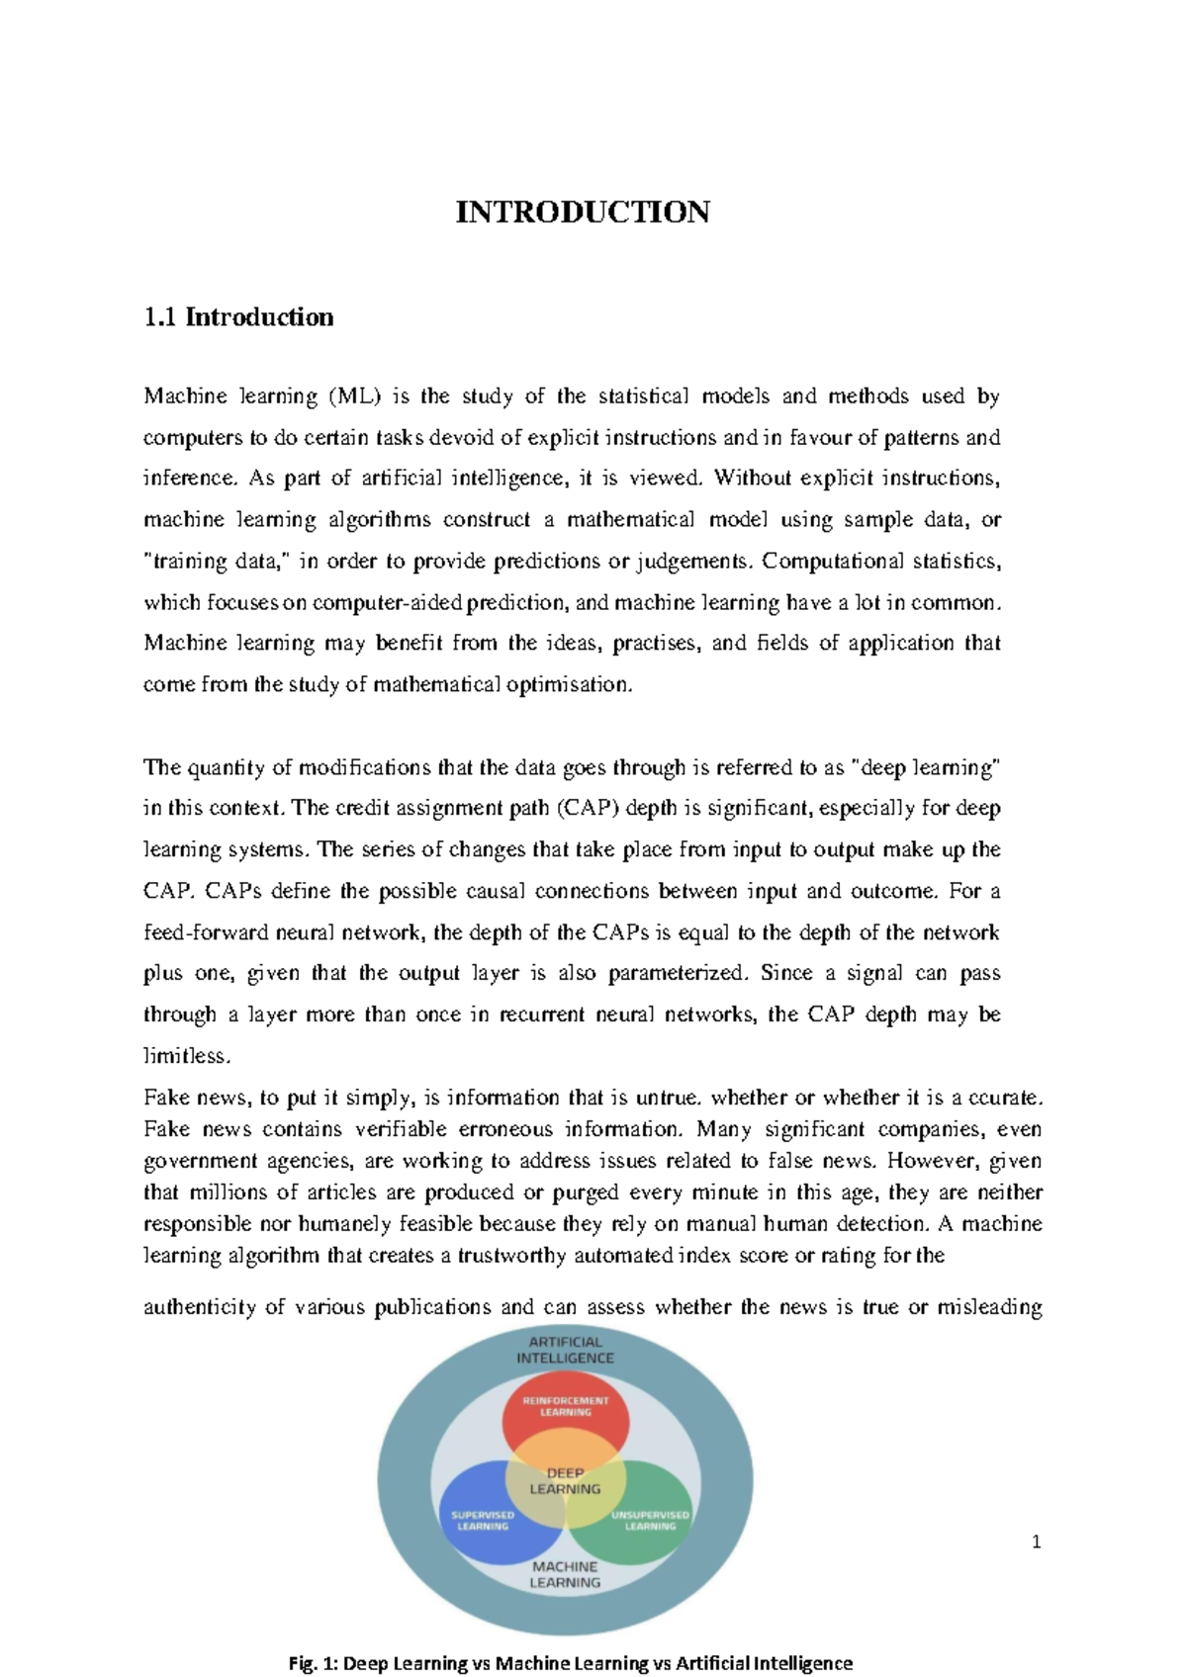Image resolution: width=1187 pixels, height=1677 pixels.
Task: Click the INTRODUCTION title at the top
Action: (x=582, y=213)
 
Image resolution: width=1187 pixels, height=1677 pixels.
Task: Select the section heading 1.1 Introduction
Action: (x=238, y=317)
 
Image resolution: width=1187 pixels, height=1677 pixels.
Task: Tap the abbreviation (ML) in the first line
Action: (x=354, y=397)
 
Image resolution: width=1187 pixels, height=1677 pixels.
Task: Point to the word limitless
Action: (x=186, y=1056)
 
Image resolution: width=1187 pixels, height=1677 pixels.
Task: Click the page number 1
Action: (x=1036, y=1542)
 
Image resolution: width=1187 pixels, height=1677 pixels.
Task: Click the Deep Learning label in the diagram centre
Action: (x=565, y=1480)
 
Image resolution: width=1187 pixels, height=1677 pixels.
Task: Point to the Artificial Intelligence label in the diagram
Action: (x=565, y=1350)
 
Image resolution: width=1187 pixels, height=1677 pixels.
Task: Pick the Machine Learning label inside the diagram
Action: (x=565, y=1574)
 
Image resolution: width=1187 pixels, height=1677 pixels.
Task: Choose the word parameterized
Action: (x=676, y=973)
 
